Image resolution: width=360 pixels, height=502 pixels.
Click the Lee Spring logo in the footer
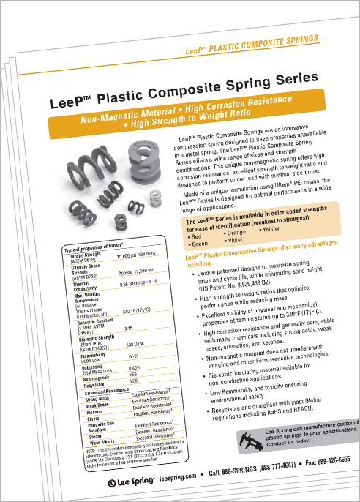(130, 483)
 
